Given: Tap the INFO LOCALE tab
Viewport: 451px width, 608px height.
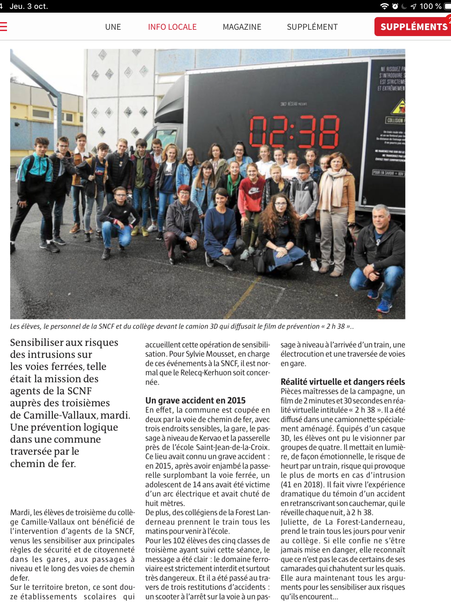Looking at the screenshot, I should click(172, 27).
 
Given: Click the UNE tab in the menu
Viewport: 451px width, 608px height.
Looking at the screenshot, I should click(113, 27).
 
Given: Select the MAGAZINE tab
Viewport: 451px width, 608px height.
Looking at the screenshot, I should click(242, 27).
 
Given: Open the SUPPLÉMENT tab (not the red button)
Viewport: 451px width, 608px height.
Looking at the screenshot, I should click(312, 27).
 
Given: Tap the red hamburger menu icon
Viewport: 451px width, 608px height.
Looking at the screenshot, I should click(3, 27).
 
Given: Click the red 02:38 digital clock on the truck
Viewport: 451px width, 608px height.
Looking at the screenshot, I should click(294, 132).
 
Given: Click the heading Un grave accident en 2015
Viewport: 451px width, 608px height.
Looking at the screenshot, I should click(195, 400).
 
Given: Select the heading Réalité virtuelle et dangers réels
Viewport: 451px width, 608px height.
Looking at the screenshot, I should click(343, 382).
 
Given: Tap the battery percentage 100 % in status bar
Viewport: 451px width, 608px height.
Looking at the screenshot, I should click(430, 6).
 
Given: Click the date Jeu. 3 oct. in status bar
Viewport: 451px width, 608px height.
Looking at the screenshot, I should click(29, 6).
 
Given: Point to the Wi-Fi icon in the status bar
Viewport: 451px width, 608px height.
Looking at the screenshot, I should click(384, 6).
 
